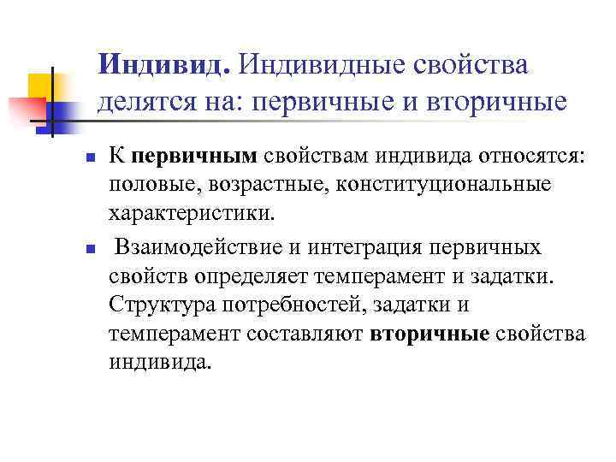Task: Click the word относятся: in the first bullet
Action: point(512,157)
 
